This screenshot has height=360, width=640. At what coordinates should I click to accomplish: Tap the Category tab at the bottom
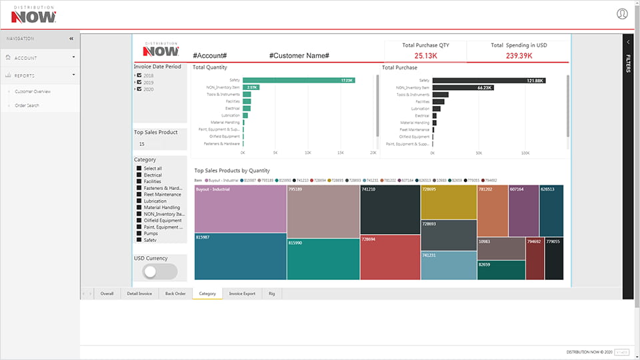[x=207, y=293]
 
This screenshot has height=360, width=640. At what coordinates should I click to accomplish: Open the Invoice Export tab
[x=242, y=293]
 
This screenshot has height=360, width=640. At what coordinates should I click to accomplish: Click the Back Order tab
[x=175, y=293]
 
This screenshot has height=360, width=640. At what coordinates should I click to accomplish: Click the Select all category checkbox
[x=139, y=169]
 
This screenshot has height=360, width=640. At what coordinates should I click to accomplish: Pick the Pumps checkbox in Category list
[x=139, y=233]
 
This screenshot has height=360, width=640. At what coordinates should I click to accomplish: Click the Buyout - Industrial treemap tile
[x=240, y=209]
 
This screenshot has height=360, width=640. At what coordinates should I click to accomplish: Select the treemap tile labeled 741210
[x=390, y=209]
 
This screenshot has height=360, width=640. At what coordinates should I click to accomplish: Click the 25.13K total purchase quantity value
[x=425, y=55]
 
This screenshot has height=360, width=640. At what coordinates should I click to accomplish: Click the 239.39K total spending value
[x=519, y=55]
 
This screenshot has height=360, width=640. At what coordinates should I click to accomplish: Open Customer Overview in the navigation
[x=33, y=91]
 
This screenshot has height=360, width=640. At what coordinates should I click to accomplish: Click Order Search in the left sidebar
[x=27, y=105]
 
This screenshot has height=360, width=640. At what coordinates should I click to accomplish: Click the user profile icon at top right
[x=622, y=13]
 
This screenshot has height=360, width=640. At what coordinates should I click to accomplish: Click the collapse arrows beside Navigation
[x=71, y=39]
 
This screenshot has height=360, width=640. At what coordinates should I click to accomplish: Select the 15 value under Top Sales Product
[x=141, y=144]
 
